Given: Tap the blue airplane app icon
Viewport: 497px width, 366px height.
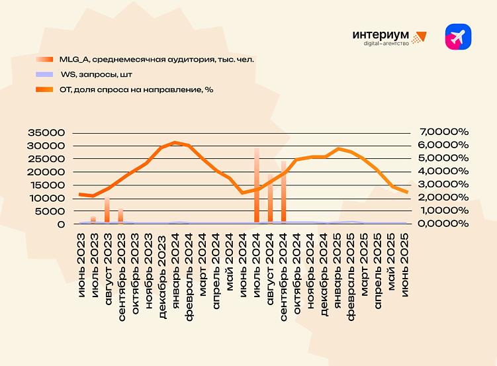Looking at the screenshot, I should pyautogui.click(x=458, y=37).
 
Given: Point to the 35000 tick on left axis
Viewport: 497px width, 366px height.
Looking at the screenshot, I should pyautogui.click(x=46, y=132).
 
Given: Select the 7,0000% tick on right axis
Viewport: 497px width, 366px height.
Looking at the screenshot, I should pyautogui.click(x=443, y=132).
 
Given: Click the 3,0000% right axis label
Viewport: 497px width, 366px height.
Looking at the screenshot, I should pyautogui.click(x=443, y=185).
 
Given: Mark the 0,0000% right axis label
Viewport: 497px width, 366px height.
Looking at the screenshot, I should pyautogui.click(x=443, y=224).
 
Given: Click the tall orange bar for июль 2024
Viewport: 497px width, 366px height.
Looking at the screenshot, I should pyautogui.click(x=257, y=185).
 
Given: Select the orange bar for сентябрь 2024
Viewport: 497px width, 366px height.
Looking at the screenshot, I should pyautogui.click(x=284, y=192).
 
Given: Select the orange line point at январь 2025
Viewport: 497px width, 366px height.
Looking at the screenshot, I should pyautogui.click(x=338, y=149).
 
